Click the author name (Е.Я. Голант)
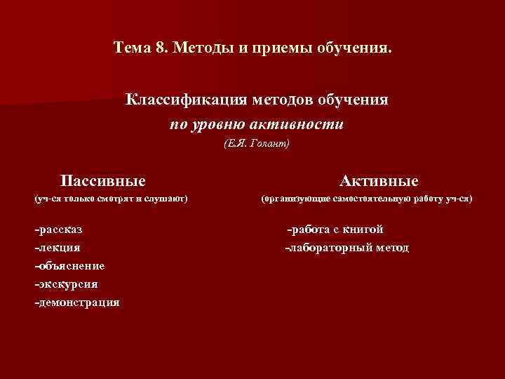256,144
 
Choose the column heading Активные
379,180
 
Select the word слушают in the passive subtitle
164,199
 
